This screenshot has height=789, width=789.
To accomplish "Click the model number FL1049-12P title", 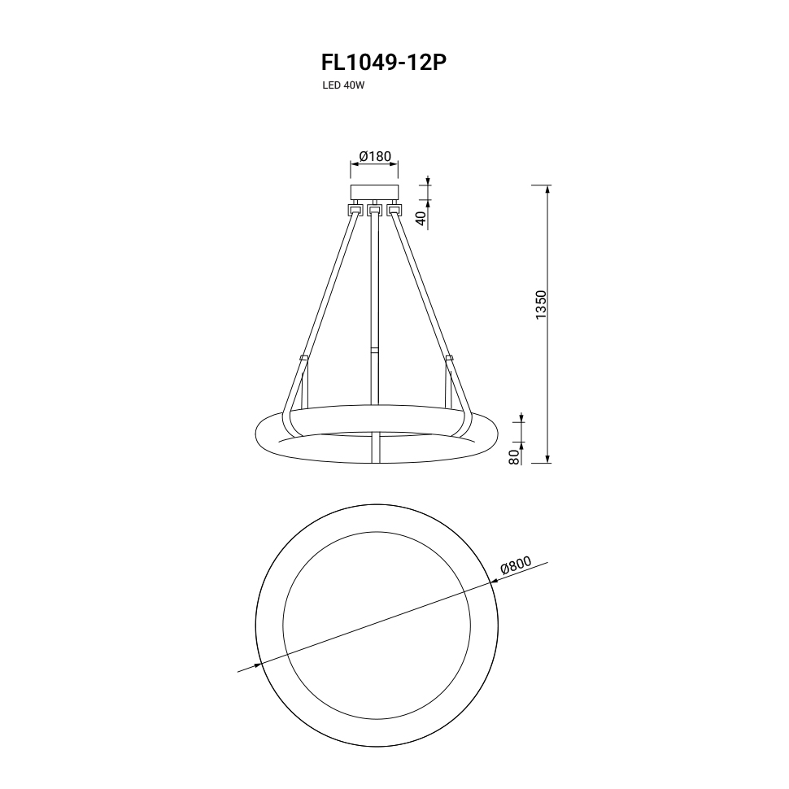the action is pos(384,63).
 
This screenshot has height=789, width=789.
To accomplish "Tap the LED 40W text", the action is pos(343,85).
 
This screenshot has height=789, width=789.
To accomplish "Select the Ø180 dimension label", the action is pos(375,156).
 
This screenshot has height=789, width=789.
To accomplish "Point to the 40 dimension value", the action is pos(421,218).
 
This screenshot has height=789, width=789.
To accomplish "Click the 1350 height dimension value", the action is pos(541,305).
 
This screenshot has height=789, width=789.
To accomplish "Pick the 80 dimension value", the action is pos(514,457).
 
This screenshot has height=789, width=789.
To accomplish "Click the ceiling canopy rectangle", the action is pos(374,192).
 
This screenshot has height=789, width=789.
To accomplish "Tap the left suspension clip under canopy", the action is pos(355,209).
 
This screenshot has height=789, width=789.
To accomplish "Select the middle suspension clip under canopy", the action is pos(373,209).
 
